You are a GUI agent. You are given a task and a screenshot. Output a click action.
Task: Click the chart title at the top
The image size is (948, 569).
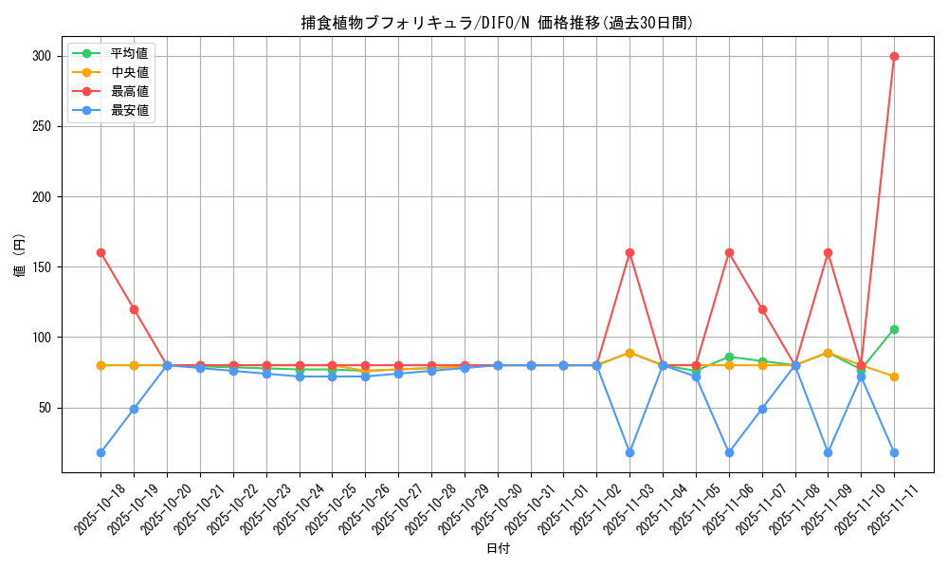pyautogui.click(x=497, y=23)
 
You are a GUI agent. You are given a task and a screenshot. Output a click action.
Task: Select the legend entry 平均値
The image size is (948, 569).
pyautogui.click(x=129, y=53)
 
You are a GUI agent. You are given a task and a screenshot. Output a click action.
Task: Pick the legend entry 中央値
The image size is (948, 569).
pyautogui.click(x=129, y=72)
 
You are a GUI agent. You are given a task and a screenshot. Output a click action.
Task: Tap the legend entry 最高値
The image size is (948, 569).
pyautogui.click(x=129, y=91)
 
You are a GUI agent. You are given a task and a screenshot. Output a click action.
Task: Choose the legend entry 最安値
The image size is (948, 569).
pyautogui.click(x=129, y=110)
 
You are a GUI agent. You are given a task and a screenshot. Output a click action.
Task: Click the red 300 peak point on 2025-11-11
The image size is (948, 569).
pyautogui.click(x=894, y=56)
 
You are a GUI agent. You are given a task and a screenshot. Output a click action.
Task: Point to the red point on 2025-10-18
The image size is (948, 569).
pyautogui.click(x=100, y=252)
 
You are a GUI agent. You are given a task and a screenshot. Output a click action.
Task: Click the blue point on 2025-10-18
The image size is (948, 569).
pyautogui.click(x=100, y=452)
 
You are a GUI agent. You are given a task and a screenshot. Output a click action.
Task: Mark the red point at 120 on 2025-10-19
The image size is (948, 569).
pyautogui.click(x=134, y=309)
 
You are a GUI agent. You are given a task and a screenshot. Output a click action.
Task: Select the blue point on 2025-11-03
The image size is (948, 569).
pyautogui.click(x=629, y=452)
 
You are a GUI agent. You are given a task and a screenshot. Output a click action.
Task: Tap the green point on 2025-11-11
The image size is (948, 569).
pyautogui.click(x=894, y=329)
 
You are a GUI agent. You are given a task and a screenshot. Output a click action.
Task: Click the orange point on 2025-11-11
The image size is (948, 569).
pyautogui.click(x=894, y=376)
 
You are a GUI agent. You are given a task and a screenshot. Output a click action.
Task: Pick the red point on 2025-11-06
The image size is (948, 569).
pyautogui.click(x=729, y=252)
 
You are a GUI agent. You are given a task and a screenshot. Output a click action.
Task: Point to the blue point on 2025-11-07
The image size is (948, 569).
pyautogui.click(x=762, y=409)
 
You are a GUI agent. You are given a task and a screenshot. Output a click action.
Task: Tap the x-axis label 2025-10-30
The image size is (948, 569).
pyautogui.click(x=484, y=512)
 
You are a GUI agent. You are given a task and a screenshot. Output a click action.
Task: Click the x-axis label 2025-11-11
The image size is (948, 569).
pyautogui.click(x=882, y=512)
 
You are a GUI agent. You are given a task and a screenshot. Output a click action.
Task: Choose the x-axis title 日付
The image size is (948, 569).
pyautogui.click(x=497, y=549)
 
